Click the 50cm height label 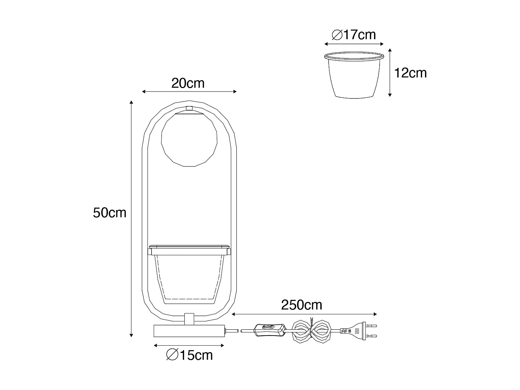pos(110,213)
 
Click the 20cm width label pos(188,83)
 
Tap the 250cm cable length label pos(302,305)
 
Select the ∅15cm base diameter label pos(190,355)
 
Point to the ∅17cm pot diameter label pos(354,35)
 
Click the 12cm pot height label pos(410,73)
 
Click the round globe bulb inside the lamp pos(189,140)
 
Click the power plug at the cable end pos(358,331)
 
